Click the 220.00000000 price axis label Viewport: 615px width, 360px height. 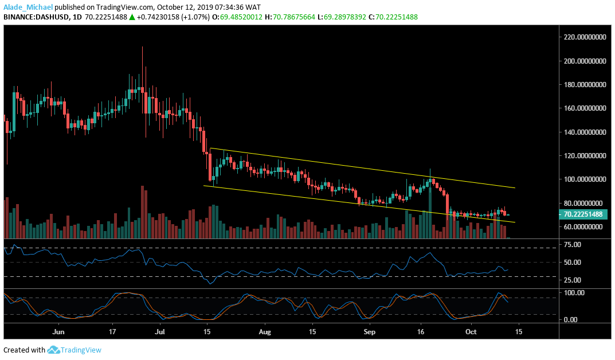(x=585, y=37)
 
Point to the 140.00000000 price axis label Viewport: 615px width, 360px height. (x=585, y=132)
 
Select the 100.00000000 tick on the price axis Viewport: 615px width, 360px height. (x=585, y=179)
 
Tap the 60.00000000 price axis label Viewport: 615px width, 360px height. (x=585, y=227)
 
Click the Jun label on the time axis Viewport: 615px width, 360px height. (x=58, y=332)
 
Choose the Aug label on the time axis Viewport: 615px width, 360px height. (x=264, y=332)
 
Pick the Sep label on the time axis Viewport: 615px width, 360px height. (x=370, y=332)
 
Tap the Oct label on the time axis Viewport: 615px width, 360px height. (x=471, y=332)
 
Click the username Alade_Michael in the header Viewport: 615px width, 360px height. (x=27, y=7)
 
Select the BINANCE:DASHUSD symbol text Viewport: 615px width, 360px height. (x=36, y=17)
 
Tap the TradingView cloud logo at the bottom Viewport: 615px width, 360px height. (x=54, y=350)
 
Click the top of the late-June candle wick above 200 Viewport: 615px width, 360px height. (x=142, y=47)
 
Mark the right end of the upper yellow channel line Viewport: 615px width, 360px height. (x=515, y=187)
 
